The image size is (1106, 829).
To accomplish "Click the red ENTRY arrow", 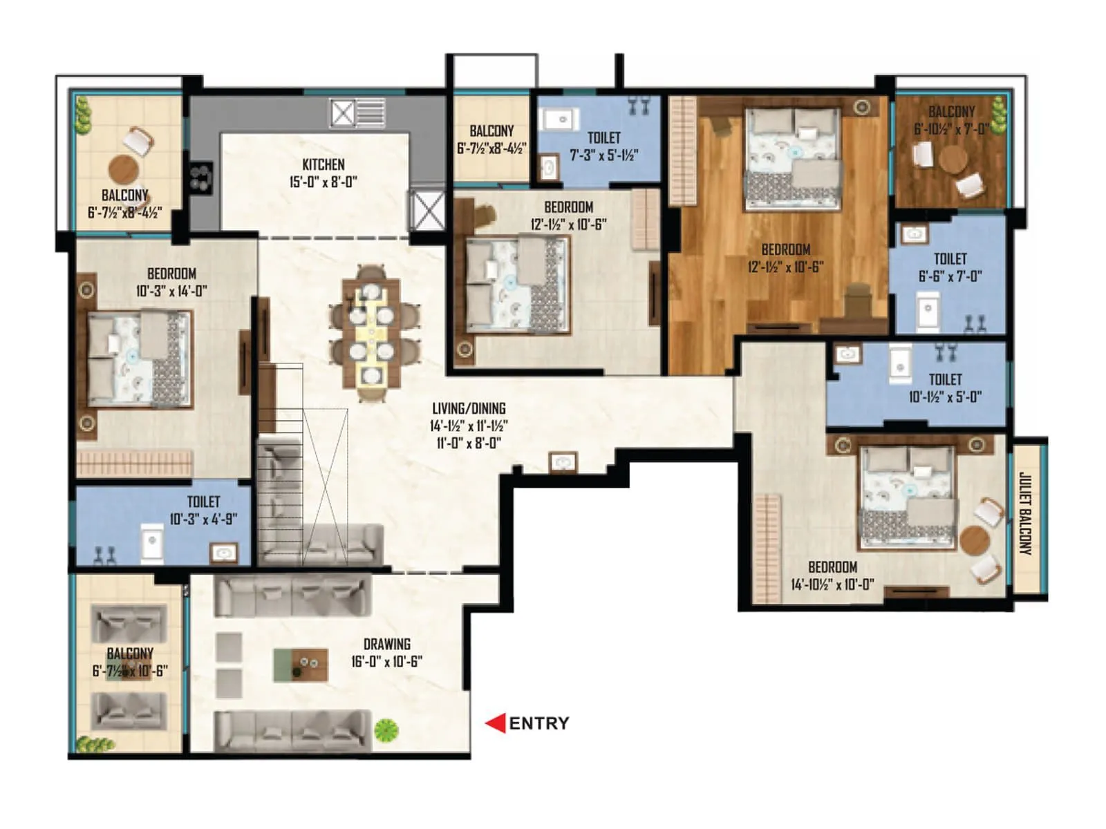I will [x=495, y=723].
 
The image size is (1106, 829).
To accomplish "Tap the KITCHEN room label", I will [x=323, y=164].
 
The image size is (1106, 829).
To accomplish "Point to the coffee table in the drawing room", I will [x=300, y=665].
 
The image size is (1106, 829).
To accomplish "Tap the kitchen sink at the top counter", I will [x=357, y=113].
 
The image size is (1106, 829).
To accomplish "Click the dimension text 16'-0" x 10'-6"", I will [x=386, y=661].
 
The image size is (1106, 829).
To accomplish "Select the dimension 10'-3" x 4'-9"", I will [x=203, y=519].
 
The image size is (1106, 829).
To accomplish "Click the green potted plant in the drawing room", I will [x=386, y=729].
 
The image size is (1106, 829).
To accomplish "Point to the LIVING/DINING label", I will [x=469, y=408].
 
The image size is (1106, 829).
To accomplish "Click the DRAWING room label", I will [x=386, y=644].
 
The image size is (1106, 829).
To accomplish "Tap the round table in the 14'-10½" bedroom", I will [x=973, y=540].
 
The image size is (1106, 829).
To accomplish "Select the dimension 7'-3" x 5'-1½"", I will [x=603, y=155].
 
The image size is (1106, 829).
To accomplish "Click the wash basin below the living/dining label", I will [x=563, y=462].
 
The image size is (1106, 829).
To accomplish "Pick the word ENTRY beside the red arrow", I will [x=539, y=723].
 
